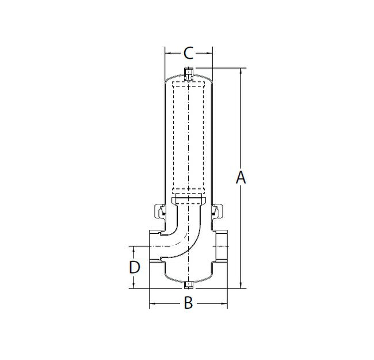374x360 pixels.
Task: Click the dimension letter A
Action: [241, 177]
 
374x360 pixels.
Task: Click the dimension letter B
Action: [188, 303]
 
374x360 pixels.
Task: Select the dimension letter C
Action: [188, 53]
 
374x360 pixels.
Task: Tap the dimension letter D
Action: [134, 267]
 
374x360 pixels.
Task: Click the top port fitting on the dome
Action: [188, 74]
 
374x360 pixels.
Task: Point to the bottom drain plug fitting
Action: [188, 285]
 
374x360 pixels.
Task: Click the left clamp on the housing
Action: [159, 211]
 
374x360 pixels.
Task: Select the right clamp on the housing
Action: [217, 211]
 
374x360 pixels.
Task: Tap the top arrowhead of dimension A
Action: [241, 71]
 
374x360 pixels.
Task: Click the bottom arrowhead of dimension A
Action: [241, 285]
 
